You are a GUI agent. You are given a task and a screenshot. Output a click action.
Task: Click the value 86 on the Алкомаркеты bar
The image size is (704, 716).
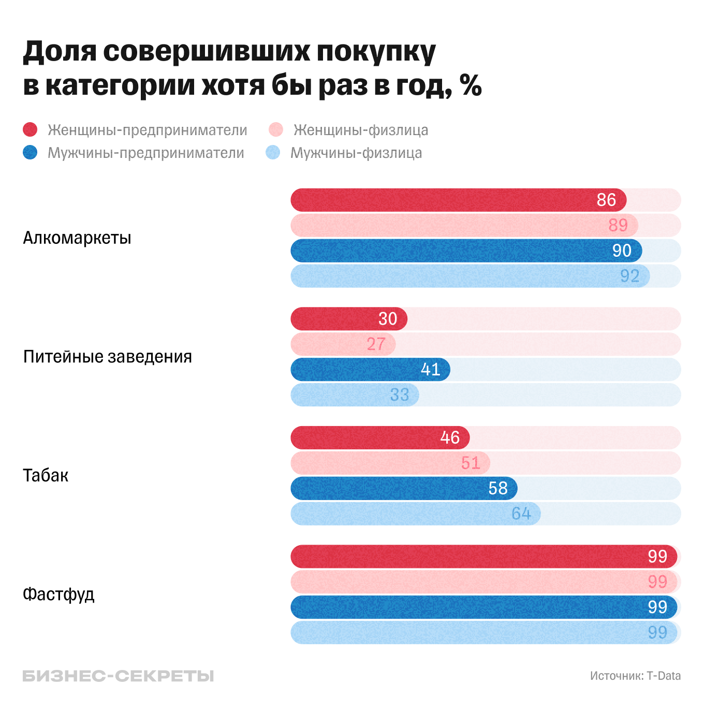[606, 200]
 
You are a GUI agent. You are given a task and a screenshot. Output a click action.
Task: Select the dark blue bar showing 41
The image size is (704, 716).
[370, 370]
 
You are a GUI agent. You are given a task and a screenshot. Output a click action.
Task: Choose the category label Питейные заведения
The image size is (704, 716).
[108, 357]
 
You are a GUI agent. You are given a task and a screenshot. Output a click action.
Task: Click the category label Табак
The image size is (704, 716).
[46, 475]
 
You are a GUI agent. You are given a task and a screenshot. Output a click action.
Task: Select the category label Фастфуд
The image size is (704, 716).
[58, 594]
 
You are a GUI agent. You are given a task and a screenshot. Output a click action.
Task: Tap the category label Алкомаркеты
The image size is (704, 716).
[77, 238]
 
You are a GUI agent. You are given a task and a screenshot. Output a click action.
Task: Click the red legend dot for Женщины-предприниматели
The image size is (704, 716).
[31, 129]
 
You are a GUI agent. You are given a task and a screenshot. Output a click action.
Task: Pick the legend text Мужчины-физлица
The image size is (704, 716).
[356, 153]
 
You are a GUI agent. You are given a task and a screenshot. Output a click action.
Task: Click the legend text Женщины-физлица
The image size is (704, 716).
[361, 130]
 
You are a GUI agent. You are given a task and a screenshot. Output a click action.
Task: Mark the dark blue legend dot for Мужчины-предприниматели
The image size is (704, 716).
[31, 153]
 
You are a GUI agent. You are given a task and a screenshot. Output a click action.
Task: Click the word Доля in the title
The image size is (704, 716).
[60, 52]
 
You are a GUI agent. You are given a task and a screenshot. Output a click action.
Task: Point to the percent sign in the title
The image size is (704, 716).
[471, 85]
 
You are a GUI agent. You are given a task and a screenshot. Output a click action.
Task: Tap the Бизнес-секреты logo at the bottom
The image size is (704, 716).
[118, 676]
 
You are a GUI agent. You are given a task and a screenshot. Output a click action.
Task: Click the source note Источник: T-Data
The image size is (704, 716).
[635, 676]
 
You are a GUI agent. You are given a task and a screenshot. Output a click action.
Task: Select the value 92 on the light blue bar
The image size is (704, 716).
[630, 276]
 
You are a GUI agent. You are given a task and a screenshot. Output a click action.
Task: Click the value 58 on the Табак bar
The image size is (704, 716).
[498, 488]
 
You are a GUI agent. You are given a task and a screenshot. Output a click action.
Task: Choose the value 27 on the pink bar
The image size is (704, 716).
[376, 344]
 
